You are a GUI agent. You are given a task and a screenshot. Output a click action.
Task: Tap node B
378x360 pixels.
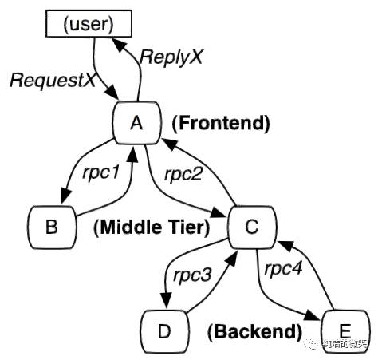[x=51, y=226]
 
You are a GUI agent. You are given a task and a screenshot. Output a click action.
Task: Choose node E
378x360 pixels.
[x=345, y=330]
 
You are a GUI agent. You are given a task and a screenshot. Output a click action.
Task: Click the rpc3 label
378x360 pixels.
[x=192, y=276]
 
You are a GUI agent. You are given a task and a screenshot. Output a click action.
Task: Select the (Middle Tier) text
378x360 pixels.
[x=152, y=227]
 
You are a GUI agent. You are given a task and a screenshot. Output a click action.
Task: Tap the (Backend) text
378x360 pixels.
[x=255, y=330]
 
